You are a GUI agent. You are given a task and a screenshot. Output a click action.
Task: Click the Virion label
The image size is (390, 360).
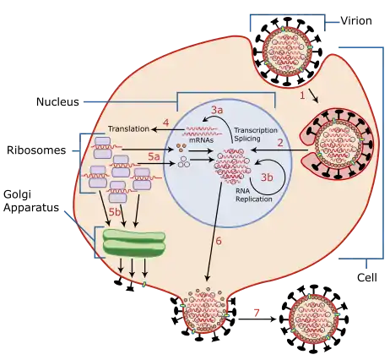356,20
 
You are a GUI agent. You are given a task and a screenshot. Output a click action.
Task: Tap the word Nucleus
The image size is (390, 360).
57,101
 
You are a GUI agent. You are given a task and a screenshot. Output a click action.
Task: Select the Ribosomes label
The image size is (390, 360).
36,150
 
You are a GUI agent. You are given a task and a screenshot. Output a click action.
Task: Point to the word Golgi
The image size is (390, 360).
18,195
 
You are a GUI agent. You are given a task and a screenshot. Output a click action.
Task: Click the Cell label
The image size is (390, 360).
367,277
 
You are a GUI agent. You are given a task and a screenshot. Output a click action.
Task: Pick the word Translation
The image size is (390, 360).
128,128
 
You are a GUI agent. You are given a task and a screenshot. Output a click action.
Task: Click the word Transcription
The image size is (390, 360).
256,130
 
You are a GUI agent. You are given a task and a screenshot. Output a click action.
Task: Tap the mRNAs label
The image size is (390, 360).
201,139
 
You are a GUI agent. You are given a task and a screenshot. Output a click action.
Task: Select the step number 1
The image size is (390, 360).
302,95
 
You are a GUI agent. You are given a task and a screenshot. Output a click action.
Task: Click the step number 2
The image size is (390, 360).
280,143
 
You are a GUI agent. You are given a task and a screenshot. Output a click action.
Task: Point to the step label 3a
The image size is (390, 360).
217,110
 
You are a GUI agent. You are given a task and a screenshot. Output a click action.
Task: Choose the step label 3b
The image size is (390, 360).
267,177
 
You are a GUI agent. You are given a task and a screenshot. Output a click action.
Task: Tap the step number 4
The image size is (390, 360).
166,123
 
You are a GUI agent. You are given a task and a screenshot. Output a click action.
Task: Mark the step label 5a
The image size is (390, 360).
154,156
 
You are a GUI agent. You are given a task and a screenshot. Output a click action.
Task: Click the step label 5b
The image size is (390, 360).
115,212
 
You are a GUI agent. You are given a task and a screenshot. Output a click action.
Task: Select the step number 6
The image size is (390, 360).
219,241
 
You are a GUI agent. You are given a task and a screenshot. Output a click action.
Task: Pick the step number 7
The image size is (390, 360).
256,313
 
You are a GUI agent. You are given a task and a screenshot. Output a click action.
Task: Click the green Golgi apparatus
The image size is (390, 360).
134,243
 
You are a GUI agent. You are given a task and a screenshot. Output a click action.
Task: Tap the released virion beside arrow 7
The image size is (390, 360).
314,319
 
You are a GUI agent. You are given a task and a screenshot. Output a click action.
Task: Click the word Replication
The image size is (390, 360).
254,199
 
